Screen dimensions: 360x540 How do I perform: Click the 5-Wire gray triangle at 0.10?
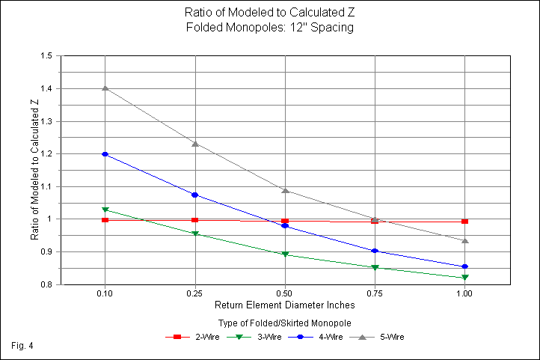(105, 88)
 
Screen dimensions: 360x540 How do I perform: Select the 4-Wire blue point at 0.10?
(105, 154)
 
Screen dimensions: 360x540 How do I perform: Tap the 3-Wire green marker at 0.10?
(105, 210)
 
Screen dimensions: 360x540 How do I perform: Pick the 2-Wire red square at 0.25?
(195, 220)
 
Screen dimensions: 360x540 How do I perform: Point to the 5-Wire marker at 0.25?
(195, 144)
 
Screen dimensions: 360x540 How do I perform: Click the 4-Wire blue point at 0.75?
(375, 251)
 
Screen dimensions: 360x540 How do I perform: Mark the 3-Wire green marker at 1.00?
(465, 278)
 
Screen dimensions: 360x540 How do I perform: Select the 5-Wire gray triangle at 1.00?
(465, 240)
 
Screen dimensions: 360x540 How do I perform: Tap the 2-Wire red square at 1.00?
(465, 222)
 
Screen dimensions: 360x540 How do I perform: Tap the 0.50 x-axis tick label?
(285, 295)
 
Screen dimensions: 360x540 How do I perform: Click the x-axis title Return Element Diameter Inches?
(284, 306)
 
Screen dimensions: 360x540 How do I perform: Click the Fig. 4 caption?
(23, 346)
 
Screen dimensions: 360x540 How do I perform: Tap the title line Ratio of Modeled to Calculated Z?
(269, 13)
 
